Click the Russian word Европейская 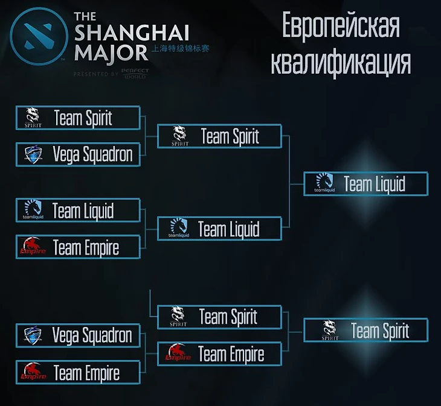[341, 27]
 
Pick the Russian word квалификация [341, 62]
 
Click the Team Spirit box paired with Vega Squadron [79, 118]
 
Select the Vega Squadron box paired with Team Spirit [79, 154]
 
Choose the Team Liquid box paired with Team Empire [79, 211]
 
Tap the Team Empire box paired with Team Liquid [79, 247]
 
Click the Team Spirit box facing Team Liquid [219, 136]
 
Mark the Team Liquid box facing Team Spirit [219, 229]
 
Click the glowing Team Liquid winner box [365, 183]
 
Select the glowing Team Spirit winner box [365, 330]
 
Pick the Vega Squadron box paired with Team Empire [79, 335]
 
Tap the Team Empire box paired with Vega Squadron [79, 373]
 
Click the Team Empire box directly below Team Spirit [219, 354]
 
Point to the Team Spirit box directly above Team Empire [219, 317]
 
